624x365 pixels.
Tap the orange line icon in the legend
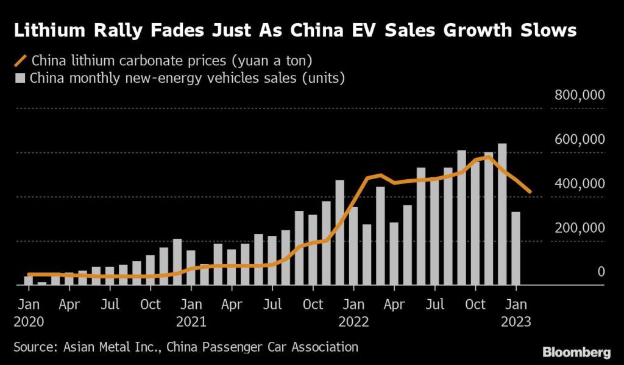[x=21, y=61]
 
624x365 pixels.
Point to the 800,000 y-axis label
[x=578, y=95]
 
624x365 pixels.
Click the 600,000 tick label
[x=578, y=140]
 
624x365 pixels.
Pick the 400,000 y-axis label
[x=578, y=183]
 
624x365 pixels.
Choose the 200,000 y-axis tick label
[x=578, y=227]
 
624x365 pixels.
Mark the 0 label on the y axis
[x=601, y=271]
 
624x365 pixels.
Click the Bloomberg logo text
[x=575, y=352]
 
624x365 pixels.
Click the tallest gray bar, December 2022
[x=502, y=213]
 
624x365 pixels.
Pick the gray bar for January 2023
[x=516, y=248]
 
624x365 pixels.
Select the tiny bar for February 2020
[x=41, y=283]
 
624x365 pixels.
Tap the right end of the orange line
[x=530, y=192]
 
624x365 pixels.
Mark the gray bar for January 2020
[x=28, y=280]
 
